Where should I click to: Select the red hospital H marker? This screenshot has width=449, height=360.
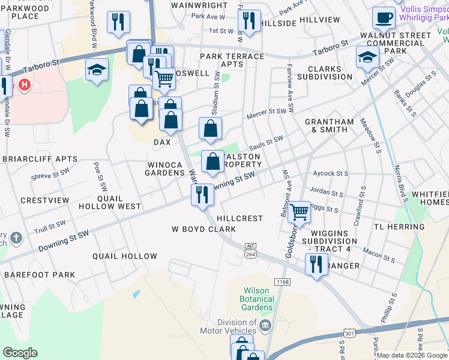click(25, 85)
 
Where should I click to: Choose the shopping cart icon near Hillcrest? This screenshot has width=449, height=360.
click(299, 211)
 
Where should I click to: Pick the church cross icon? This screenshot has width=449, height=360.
click(16, 238)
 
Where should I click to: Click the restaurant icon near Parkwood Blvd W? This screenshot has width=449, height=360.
click(118, 22)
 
